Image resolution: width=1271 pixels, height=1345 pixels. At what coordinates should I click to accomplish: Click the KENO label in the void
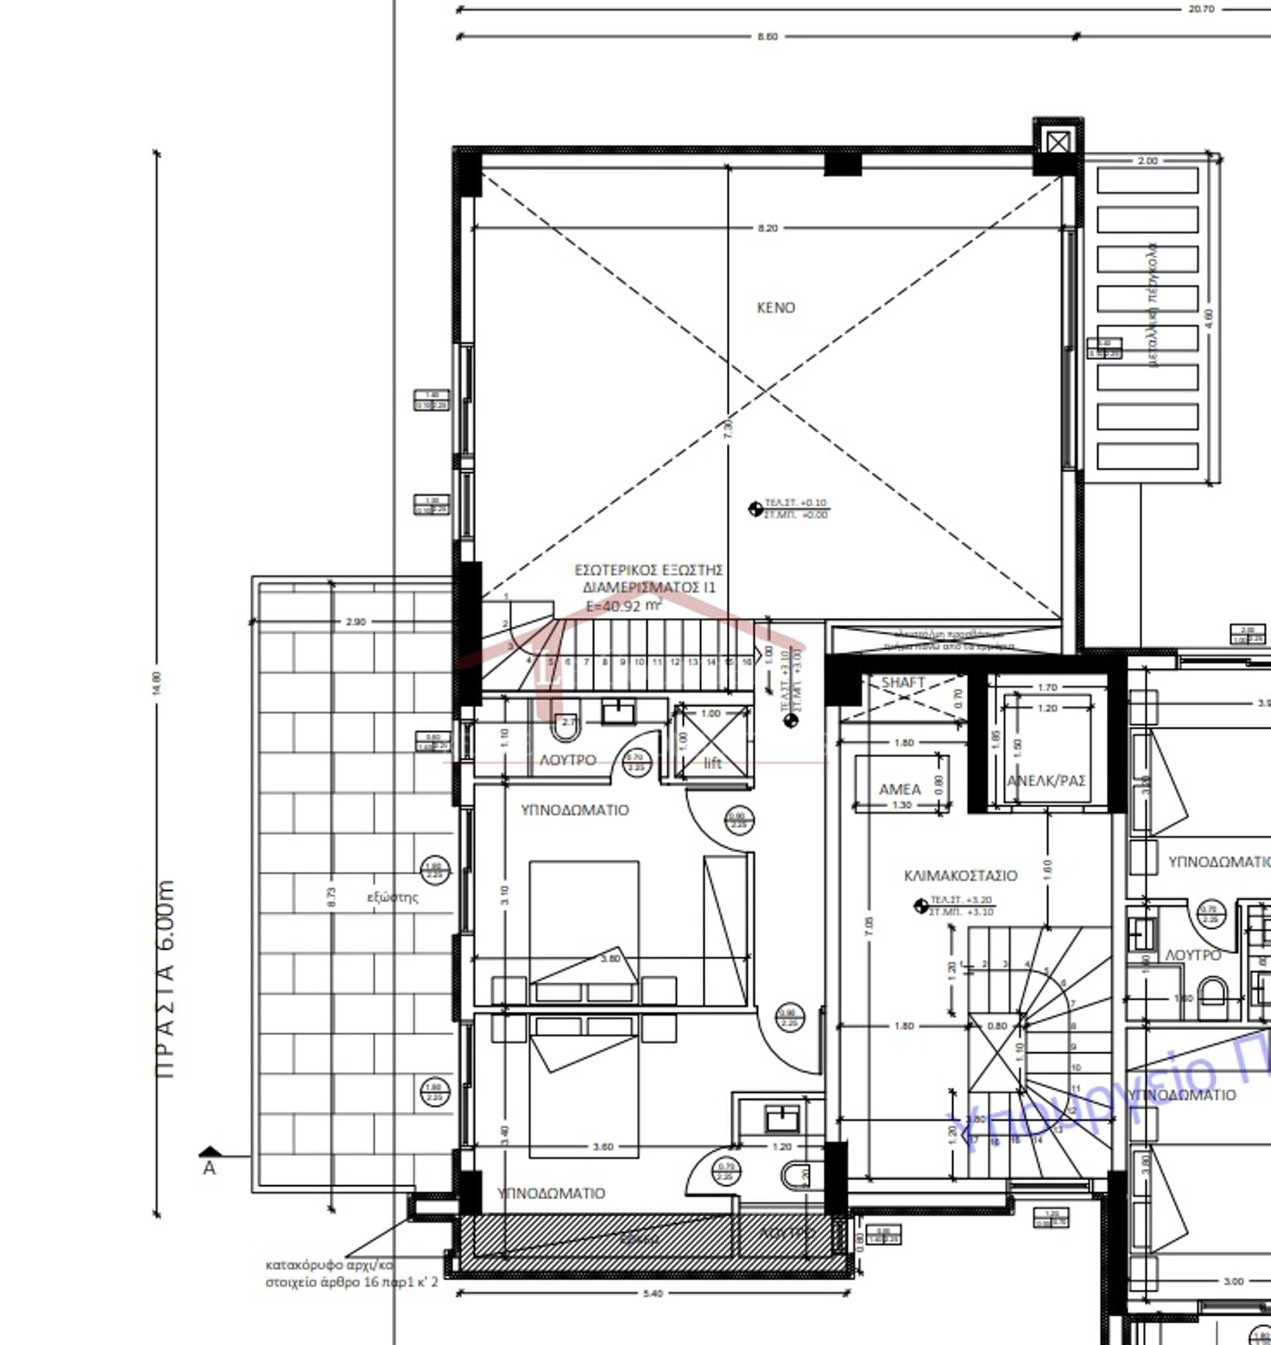[x=775, y=308]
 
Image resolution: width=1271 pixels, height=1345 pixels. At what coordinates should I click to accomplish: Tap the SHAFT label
[x=902, y=682]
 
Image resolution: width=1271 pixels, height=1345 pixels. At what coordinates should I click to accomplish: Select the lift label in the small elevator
[x=713, y=764]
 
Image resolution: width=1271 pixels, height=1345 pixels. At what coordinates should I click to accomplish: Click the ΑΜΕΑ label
[x=899, y=790]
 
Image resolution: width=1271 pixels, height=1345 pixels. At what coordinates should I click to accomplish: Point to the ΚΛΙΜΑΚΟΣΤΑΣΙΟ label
[x=960, y=876]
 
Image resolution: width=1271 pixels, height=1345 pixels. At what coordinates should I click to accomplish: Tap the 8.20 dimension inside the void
[x=767, y=228]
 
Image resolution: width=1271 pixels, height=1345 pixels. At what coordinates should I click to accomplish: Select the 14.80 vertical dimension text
[x=157, y=683]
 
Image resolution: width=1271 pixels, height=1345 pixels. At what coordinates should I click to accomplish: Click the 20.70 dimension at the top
[x=1201, y=9]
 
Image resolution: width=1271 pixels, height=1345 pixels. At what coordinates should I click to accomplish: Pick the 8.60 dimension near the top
[x=767, y=36]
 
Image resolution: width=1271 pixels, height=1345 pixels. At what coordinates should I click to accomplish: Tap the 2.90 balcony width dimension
[x=355, y=622]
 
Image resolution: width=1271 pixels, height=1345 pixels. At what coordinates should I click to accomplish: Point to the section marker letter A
[x=209, y=1168]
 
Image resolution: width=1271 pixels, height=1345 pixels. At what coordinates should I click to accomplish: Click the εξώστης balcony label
[x=393, y=898]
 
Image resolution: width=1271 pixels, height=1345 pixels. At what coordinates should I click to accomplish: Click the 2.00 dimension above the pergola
[x=1147, y=161]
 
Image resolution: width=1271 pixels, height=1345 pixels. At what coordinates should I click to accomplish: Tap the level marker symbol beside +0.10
[x=755, y=509]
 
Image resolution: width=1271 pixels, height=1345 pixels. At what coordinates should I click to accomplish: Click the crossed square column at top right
[x=1057, y=142]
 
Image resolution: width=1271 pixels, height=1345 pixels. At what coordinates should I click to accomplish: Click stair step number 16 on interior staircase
[x=747, y=661]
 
